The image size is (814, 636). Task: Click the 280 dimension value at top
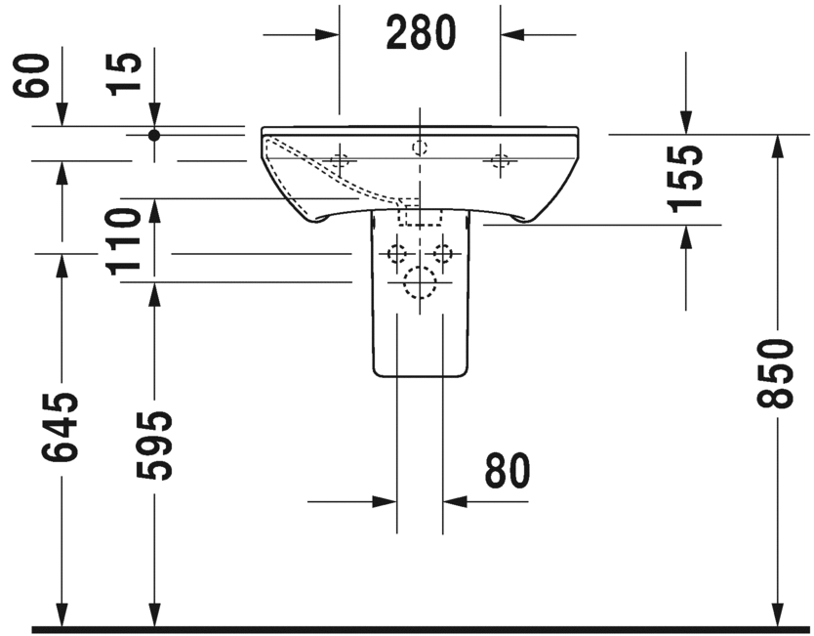421,34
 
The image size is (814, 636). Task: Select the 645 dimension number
61,426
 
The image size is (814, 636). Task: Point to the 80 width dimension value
507,471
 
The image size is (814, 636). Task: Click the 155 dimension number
686,178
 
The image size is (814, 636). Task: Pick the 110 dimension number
125,241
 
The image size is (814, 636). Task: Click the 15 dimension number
125,75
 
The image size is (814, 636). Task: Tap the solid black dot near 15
153,135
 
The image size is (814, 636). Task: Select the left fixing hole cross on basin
340,161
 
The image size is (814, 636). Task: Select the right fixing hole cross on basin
501,161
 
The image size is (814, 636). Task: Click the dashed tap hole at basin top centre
420,148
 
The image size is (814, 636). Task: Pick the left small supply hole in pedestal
396,254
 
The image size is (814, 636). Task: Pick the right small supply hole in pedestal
443,254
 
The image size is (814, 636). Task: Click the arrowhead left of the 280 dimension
330,34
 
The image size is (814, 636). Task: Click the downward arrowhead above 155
685,124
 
